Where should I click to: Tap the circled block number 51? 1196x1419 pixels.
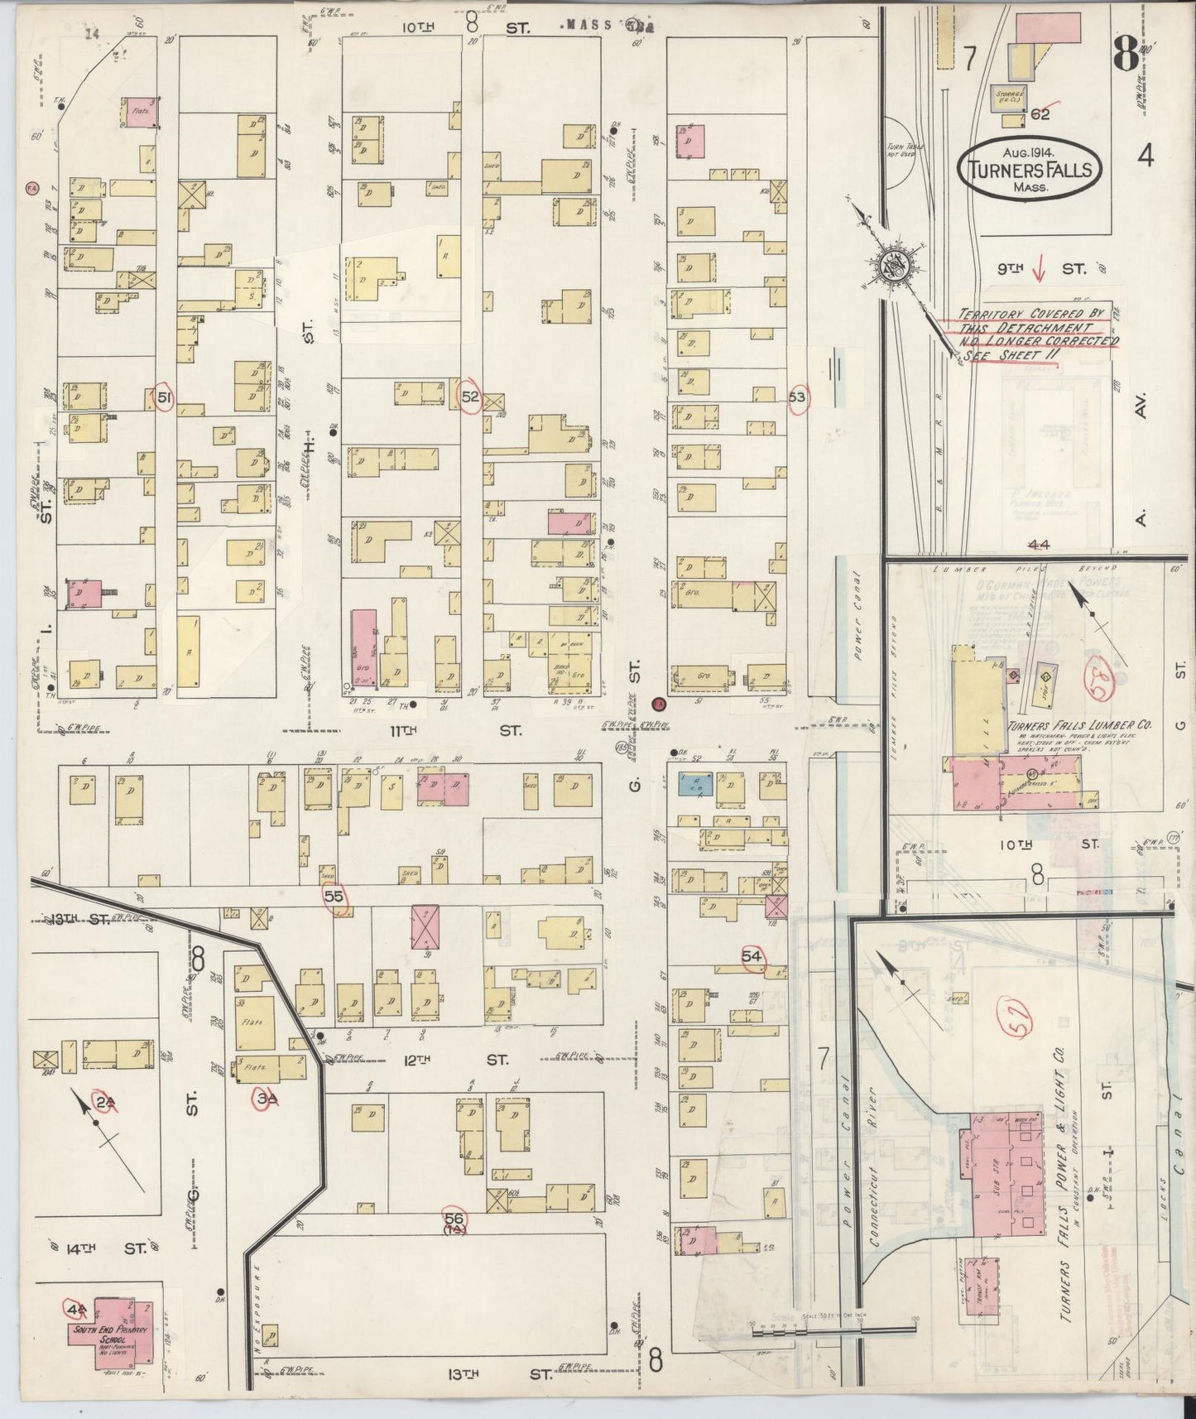tap(165, 398)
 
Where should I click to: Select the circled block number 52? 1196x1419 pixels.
tap(470, 397)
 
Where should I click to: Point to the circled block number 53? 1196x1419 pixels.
tap(797, 397)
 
